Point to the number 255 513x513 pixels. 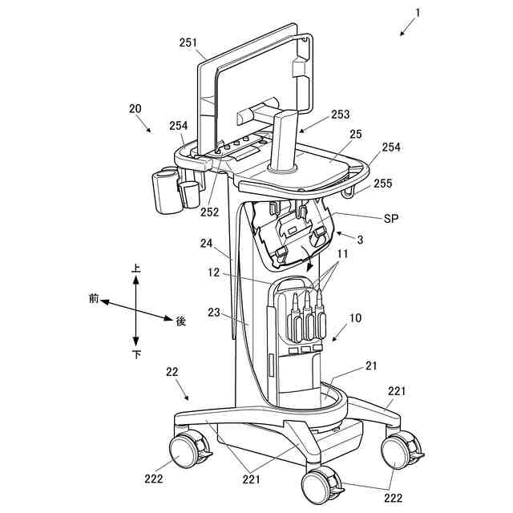click(383, 183)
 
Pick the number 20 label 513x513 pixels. click(135, 108)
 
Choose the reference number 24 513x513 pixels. click(207, 243)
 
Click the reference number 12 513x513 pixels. click(212, 273)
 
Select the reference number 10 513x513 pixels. click(355, 318)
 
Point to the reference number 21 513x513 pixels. click(371, 366)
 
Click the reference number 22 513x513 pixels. click(172, 371)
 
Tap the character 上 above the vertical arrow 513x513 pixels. click(136, 270)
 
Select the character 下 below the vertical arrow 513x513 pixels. click(137, 354)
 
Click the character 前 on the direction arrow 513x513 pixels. click(93, 298)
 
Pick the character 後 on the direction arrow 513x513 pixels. click(180, 321)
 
